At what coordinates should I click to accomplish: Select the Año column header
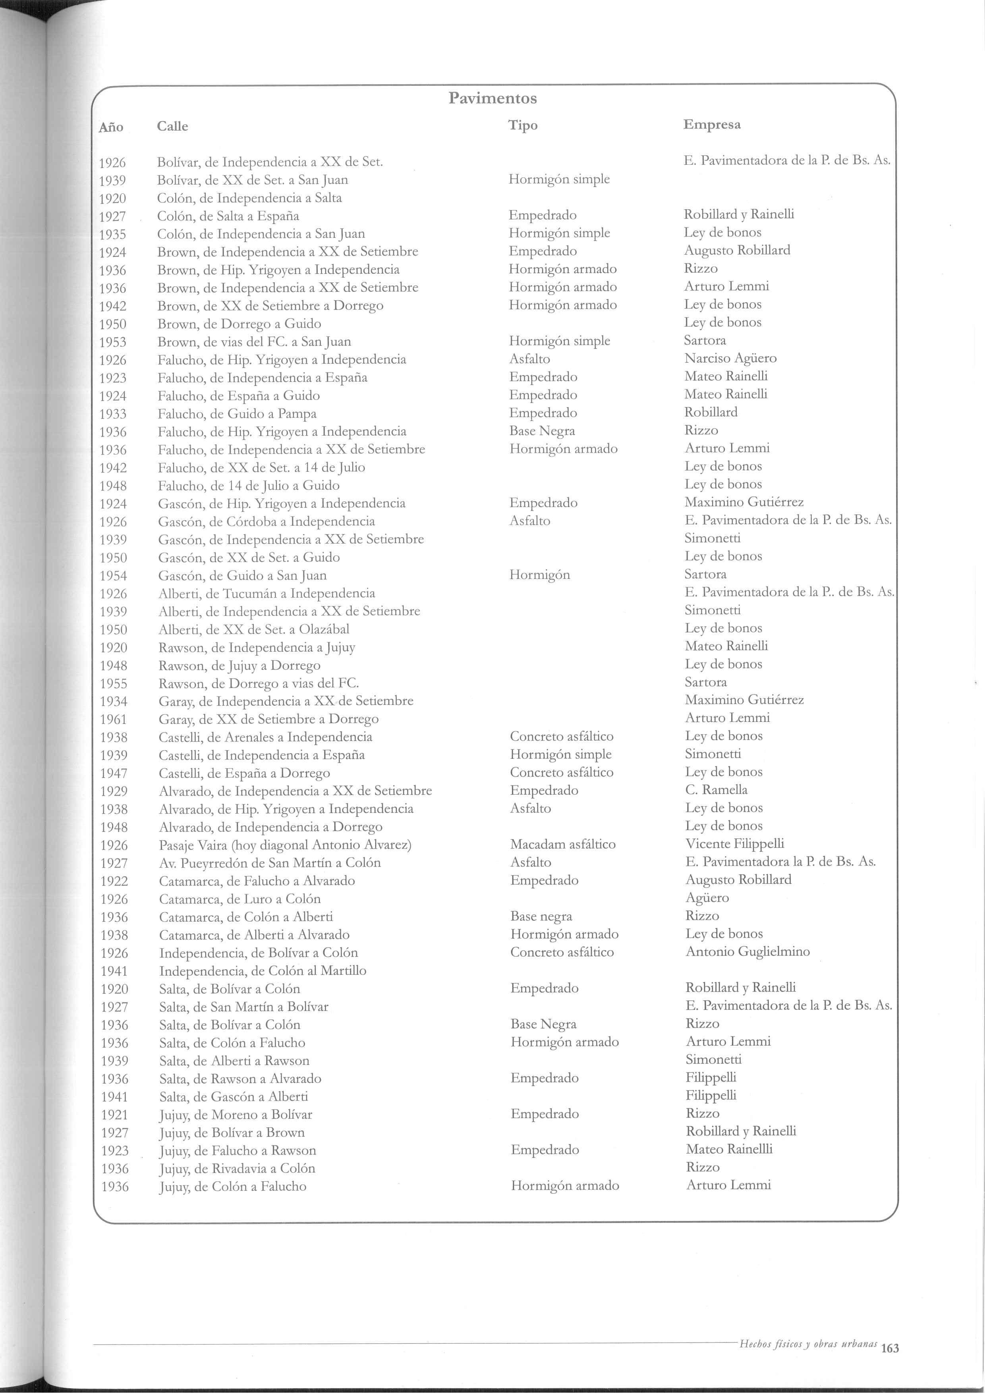[x=111, y=127]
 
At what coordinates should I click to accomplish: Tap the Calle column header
[x=172, y=126]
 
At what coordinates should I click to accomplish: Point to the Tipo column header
[x=523, y=125]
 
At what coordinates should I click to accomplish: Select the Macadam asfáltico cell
[x=562, y=844]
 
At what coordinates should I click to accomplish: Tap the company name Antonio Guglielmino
[x=747, y=951]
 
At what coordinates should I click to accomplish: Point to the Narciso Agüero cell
[x=730, y=358]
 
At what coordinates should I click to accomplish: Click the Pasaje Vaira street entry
[x=285, y=845]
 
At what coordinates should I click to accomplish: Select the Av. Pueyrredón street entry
[x=269, y=863]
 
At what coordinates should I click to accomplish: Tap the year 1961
[x=114, y=720]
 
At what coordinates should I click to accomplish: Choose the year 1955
[x=114, y=684]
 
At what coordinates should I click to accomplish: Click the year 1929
[x=114, y=791]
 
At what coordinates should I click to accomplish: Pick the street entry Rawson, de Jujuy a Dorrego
[x=239, y=666]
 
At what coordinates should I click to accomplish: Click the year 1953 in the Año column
[x=113, y=342]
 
